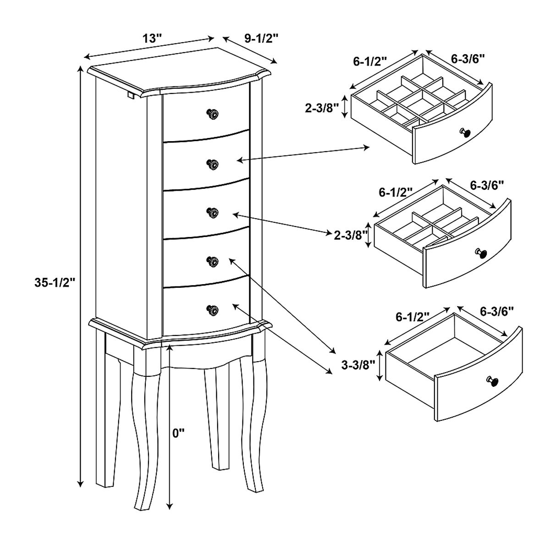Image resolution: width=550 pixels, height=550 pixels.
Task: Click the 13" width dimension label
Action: coord(152,38)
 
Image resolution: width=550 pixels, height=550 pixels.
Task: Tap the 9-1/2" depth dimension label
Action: coord(261,38)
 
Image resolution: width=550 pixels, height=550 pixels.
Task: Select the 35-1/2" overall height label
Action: coord(55,283)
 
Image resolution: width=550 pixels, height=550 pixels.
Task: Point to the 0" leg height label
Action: coord(179,434)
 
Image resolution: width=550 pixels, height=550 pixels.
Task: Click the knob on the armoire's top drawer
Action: coord(212,114)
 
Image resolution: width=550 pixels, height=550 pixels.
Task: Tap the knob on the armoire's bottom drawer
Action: coord(212,310)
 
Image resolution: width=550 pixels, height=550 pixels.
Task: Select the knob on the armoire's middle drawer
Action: coord(212,212)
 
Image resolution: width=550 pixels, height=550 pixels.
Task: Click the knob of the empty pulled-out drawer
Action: coord(493,381)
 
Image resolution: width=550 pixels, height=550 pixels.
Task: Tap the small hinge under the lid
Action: coord(131,94)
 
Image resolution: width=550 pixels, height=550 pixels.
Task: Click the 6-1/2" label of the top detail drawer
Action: coord(370,62)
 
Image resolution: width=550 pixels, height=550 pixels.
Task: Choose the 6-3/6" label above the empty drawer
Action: coord(497,311)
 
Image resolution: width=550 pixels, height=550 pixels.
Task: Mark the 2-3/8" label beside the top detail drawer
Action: coord(322,109)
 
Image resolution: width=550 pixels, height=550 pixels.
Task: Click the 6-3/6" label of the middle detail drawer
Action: coord(487,186)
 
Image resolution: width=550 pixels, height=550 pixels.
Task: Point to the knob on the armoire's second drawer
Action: coord(212,164)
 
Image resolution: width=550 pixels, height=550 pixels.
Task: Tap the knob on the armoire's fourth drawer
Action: coord(212,261)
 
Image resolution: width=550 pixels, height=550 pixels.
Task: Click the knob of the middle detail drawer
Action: coord(481,253)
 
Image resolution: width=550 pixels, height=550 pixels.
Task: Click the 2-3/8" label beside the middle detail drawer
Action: coord(351,236)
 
